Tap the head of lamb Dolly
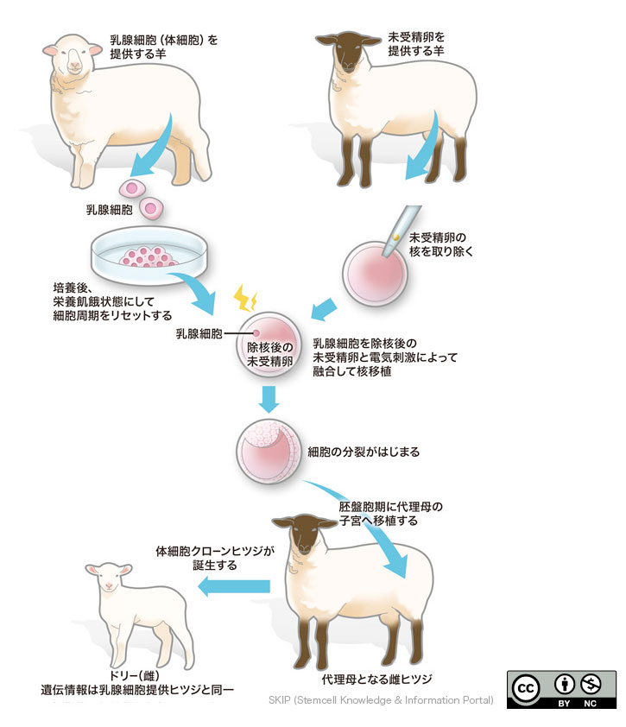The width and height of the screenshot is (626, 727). pos(109,578)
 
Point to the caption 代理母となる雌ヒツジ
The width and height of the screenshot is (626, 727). pos(376,676)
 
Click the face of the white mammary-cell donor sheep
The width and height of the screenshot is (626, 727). pos(69,56)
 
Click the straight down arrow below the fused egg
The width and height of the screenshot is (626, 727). pos(269,399)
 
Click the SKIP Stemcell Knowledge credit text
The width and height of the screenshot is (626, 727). pos(380,699)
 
